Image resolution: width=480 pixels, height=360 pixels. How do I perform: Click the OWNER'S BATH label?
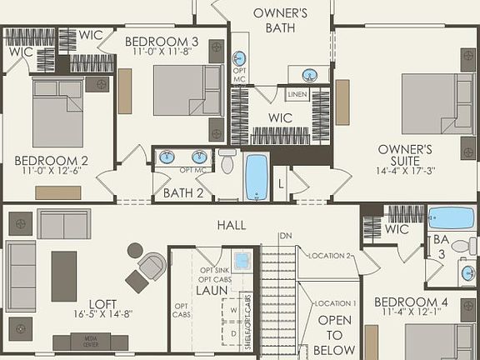tap(281, 21)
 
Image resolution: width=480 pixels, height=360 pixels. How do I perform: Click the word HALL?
tap(231, 225)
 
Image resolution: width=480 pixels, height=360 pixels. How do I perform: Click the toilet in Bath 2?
tap(227, 161)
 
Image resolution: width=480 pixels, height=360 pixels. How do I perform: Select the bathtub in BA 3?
tap(451, 218)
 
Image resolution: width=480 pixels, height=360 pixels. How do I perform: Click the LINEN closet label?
tap(297, 95)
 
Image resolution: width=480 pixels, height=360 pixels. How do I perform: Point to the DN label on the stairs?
tap(286, 237)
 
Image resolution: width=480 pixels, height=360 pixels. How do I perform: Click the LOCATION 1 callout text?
tap(335, 303)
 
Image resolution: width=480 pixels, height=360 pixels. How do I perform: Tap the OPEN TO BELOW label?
tap(336, 335)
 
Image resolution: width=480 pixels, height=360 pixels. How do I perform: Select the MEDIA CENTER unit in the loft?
tap(90, 342)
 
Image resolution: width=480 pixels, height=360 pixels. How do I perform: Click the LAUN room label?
tap(212, 291)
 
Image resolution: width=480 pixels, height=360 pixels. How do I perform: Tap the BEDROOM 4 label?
tap(411, 302)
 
